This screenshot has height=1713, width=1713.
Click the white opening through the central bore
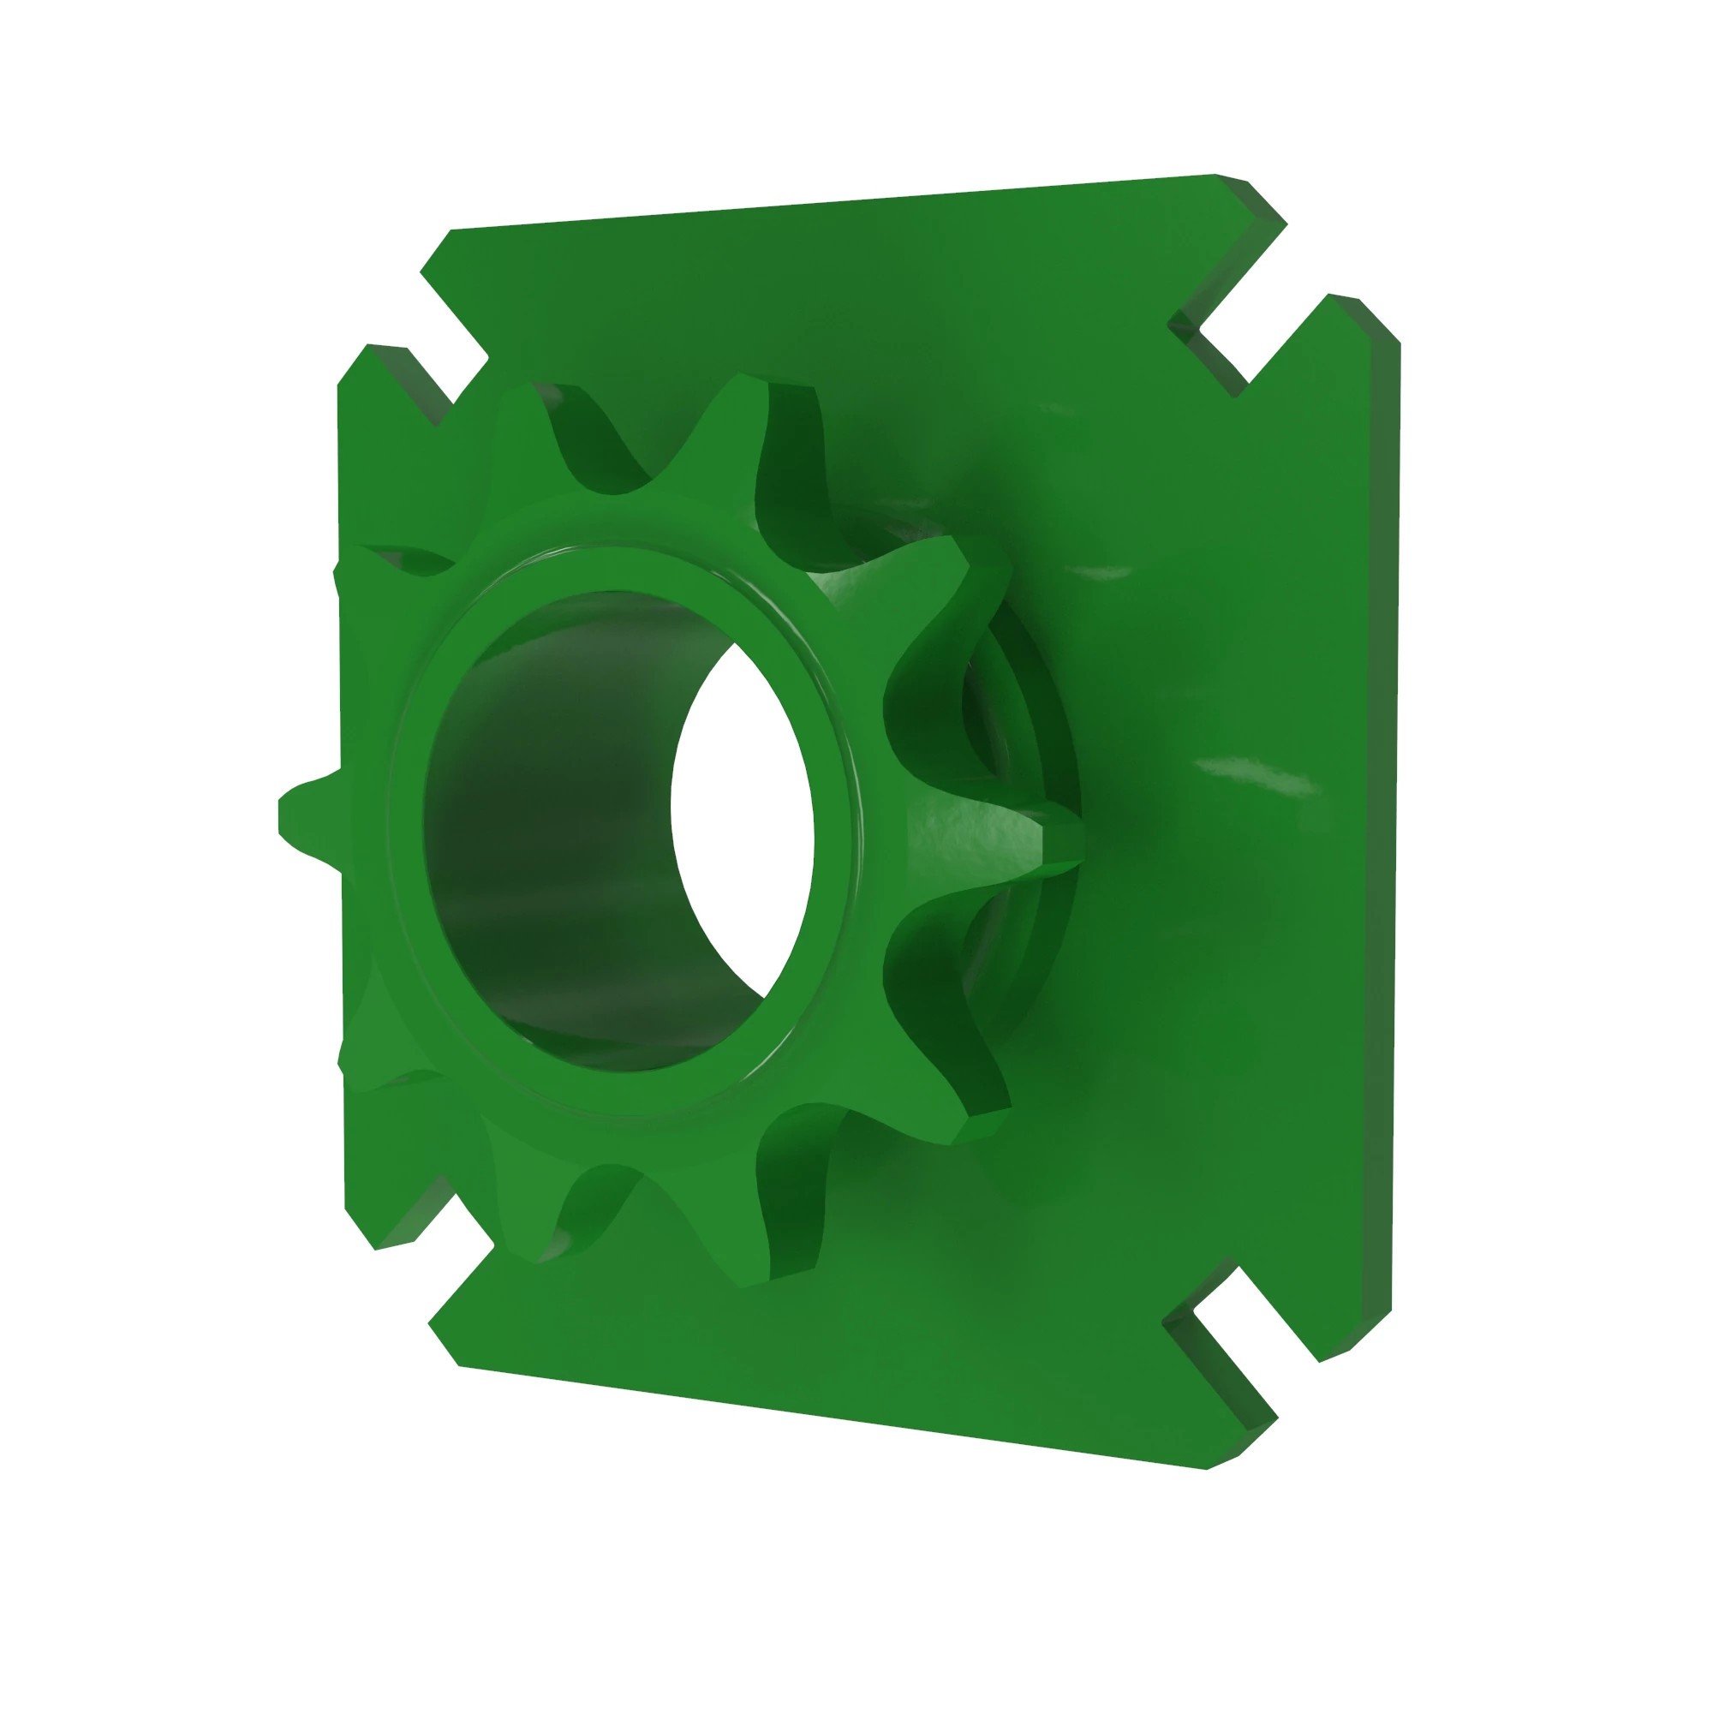tap(740, 807)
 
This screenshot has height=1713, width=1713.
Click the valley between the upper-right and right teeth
tap(922, 709)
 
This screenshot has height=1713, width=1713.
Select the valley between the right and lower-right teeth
tap(922, 958)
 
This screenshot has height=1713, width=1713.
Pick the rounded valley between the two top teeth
tap(612, 470)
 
